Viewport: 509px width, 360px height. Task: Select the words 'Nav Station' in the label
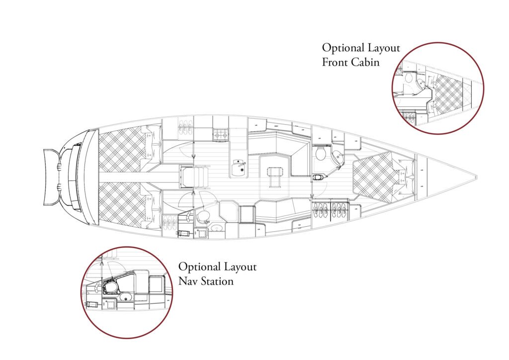206,281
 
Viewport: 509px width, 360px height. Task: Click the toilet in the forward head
320,153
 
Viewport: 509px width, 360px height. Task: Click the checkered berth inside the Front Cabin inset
447,92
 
